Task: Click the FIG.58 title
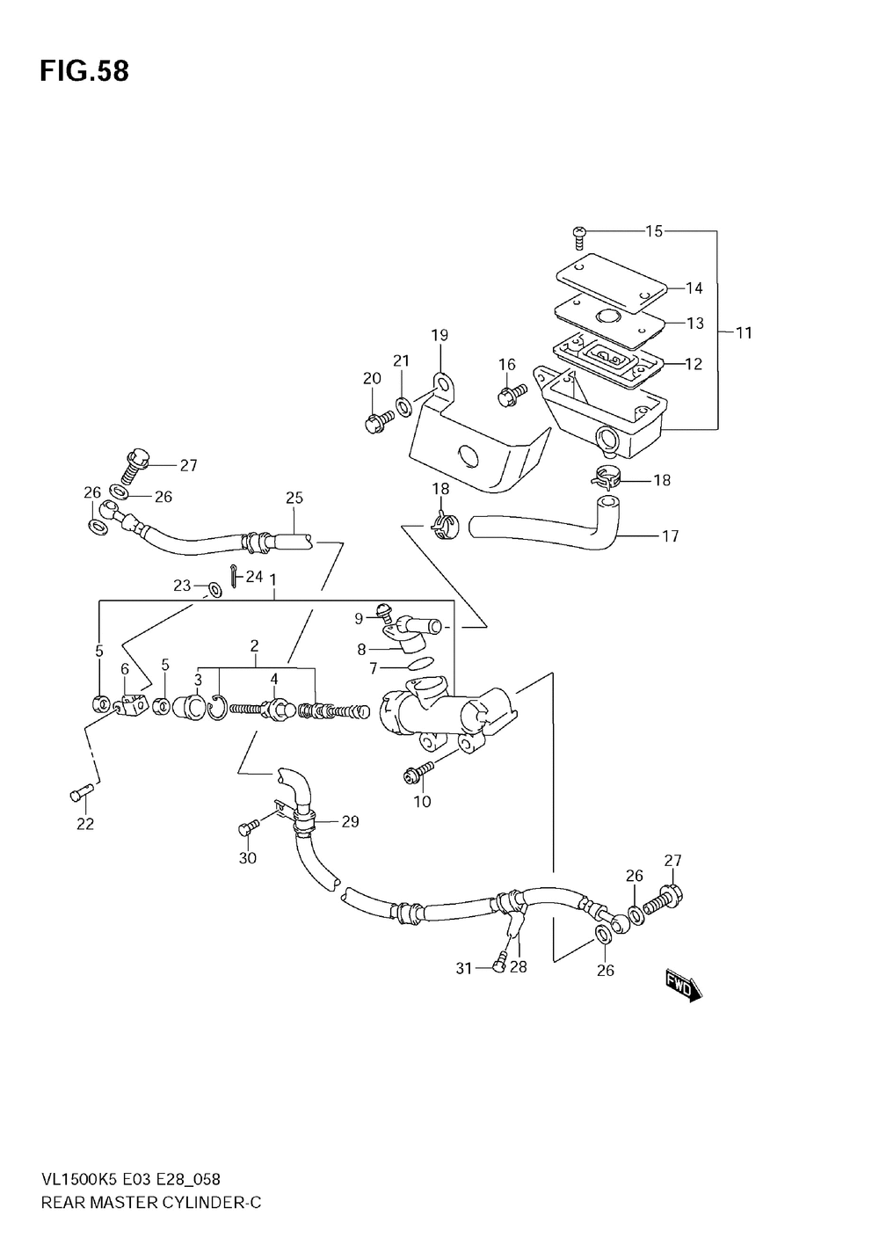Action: [84, 72]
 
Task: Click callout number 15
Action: [654, 231]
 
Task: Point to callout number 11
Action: [744, 333]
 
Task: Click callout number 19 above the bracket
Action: [439, 335]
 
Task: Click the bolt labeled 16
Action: [511, 397]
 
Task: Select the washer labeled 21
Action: [403, 407]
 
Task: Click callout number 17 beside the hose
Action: [670, 535]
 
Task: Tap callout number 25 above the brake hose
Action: [294, 498]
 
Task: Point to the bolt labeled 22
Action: [77, 794]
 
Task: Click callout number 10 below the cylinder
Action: [422, 801]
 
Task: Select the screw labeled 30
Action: [247, 826]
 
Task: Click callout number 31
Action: [464, 968]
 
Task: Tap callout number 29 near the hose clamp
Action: [350, 822]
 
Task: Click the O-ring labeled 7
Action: [422, 661]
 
